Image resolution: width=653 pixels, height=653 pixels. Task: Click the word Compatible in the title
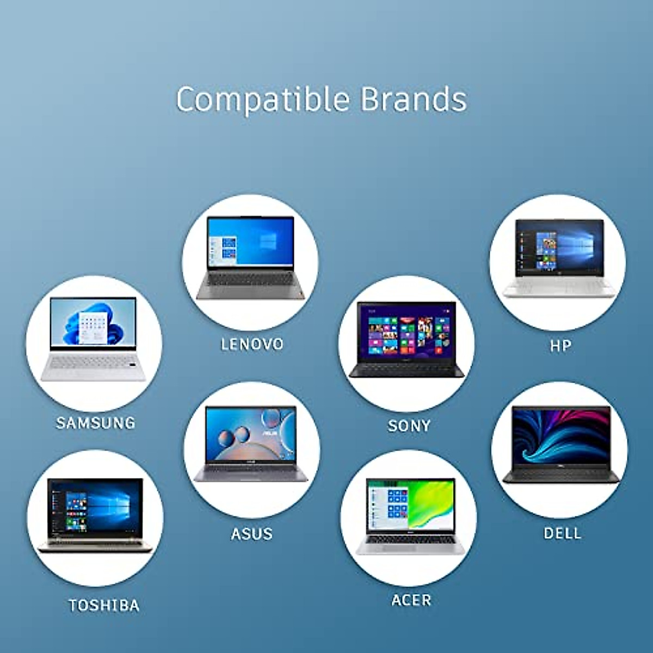[262, 100]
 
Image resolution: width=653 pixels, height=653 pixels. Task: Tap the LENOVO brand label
[252, 344]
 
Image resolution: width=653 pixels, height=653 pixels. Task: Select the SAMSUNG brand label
[95, 423]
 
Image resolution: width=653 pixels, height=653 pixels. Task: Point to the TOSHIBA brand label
[104, 605]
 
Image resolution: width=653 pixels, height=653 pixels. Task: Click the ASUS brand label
[251, 534]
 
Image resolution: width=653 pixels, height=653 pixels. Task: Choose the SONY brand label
[409, 426]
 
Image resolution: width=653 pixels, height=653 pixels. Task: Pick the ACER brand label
[411, 600]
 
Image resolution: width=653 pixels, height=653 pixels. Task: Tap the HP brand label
[560, 346]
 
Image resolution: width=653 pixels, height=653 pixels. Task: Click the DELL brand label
[563, 533]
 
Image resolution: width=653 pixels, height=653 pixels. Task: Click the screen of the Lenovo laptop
[251, 243]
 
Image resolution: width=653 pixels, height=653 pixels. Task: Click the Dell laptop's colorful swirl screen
[561, 436]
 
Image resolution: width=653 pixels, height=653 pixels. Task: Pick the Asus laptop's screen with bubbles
[251, 433]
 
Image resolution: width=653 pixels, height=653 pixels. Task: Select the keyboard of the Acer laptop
[411, 540]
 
